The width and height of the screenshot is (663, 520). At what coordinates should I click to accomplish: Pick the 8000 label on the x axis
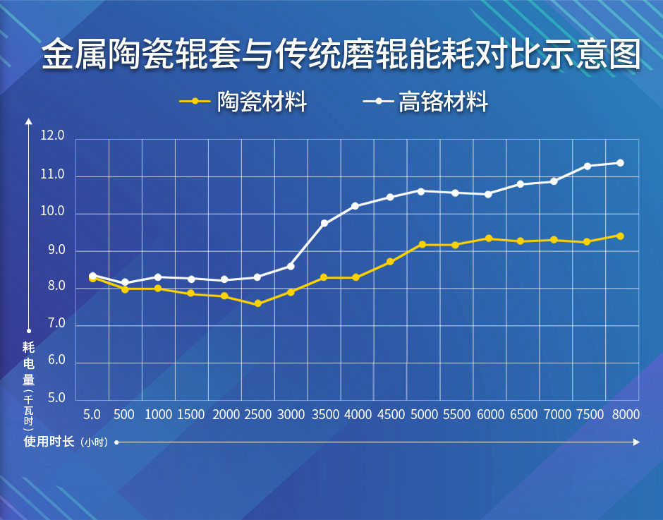coord(625,415)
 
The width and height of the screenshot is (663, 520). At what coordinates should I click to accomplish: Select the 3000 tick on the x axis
coord(291,415)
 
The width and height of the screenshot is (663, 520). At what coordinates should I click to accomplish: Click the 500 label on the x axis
coord(123,415)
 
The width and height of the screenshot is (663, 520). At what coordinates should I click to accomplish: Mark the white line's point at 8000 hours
coord(620,163)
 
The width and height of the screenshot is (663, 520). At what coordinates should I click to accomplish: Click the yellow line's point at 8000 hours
coord(620,236)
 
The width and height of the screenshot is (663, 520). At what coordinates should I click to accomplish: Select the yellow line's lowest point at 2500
coord(258,303)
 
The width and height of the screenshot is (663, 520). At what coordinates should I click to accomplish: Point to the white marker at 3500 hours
coord(324,224)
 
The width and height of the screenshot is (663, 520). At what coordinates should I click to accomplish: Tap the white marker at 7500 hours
coord(587,167)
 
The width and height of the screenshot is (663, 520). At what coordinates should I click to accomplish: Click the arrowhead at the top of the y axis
coord(28,121)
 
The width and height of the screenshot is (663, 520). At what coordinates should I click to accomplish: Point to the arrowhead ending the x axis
coord(636,442)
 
